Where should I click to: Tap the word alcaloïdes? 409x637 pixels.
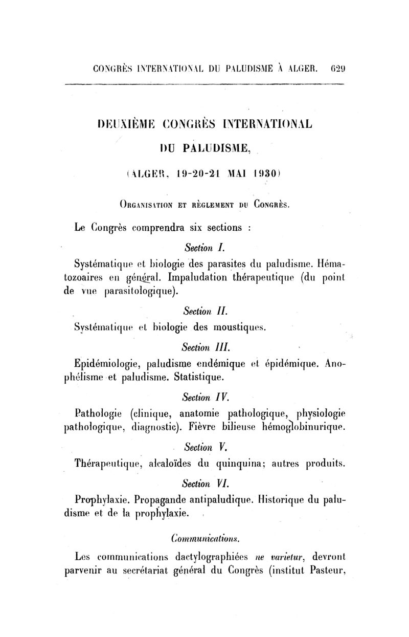click(173, 465)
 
